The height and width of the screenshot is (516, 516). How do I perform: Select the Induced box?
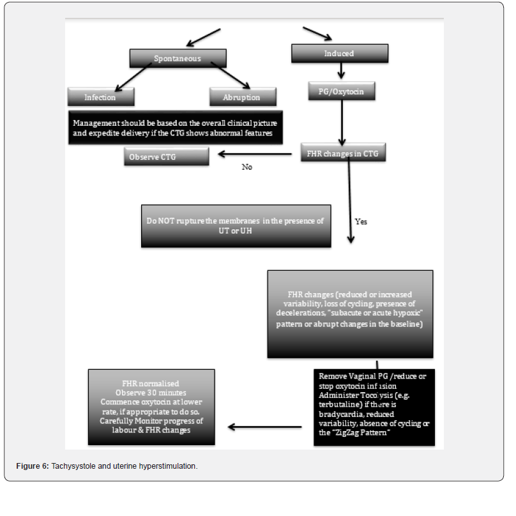[339, 54]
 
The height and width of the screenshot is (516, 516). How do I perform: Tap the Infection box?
[100, 97]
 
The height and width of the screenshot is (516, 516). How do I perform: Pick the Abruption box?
[243, 97]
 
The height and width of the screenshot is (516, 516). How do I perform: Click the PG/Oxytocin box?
[341, 91]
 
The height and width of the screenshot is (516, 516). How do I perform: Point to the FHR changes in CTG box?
[344, 153]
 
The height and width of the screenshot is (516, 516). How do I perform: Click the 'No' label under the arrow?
[247, 167]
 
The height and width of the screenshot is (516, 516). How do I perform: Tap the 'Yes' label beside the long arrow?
[361, 222]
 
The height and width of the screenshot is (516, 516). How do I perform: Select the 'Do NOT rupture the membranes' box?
[236, 225]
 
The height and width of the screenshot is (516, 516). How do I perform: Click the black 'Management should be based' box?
[175, 127]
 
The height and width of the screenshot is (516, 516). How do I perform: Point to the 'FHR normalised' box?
[151, 407]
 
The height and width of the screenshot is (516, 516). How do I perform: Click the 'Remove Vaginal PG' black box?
[374, 406]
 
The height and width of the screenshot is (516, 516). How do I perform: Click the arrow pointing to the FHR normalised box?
[264, 426]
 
